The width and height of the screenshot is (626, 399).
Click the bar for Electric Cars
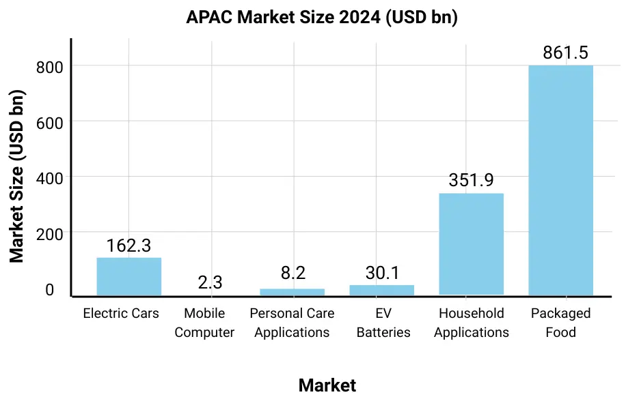[128, 276]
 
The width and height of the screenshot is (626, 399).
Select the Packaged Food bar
[560, 181]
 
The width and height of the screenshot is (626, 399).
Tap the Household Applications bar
[471, 244]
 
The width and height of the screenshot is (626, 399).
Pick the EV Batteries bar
[381, 290]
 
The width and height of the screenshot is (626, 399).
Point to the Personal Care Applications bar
[292, 292]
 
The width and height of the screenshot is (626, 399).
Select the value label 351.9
[471, 180]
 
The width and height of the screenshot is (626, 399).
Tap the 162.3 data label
[128, 246]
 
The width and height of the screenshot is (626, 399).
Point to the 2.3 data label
[210, 282]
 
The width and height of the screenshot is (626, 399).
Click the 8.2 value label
[292, 274]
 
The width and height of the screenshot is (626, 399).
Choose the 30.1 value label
[382, 273]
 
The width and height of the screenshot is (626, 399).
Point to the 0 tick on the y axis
[49, 290]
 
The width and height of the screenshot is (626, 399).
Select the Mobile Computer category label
[204, 323]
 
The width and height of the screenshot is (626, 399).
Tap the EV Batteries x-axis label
[383, 323]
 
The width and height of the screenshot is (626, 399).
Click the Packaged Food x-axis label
[560, 323]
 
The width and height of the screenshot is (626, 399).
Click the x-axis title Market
[327, 385]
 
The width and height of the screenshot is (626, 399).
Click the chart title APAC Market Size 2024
[322, 18]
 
